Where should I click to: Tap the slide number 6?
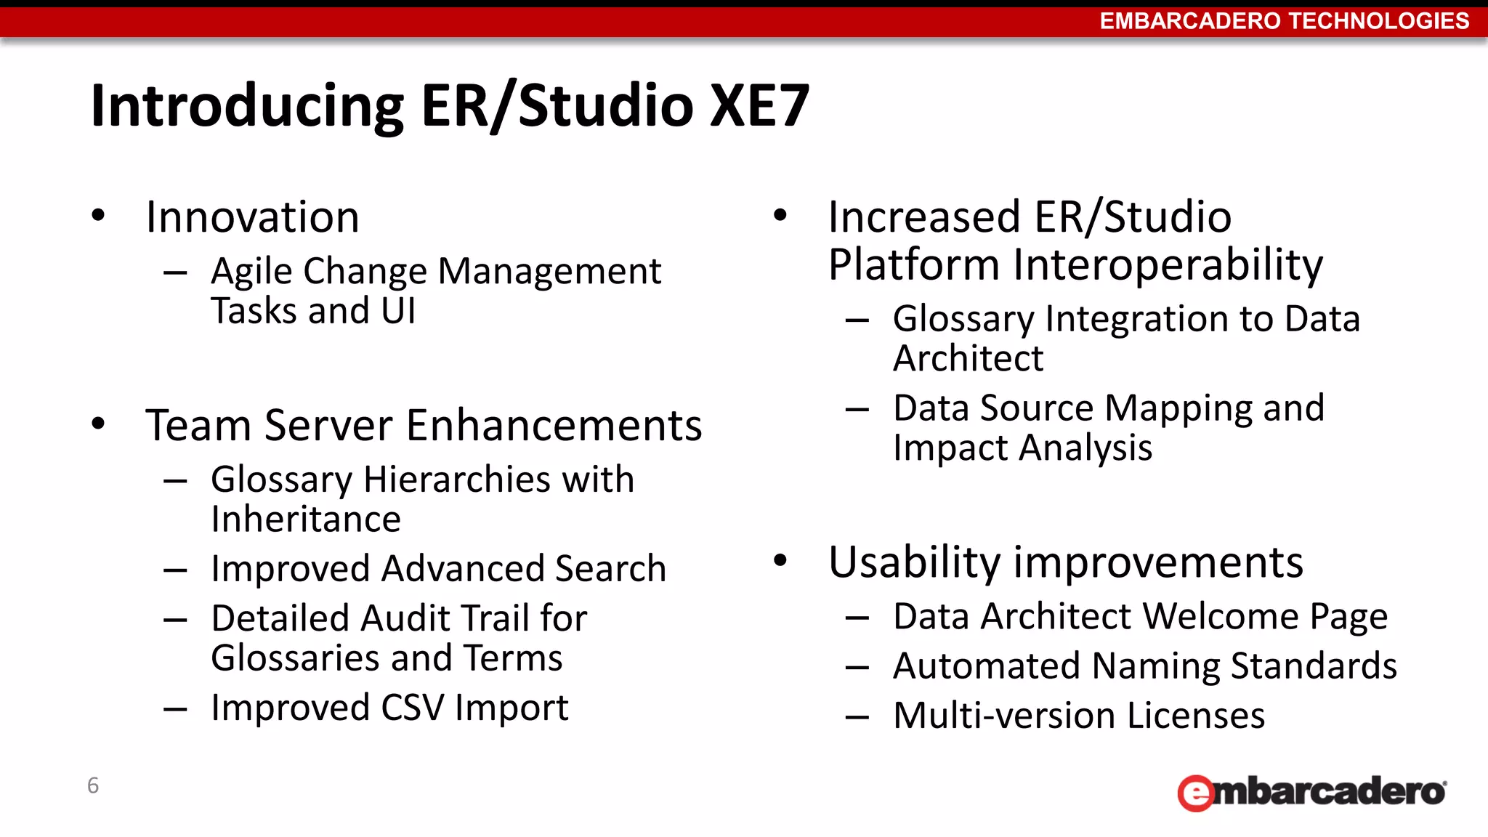tap(93, 785)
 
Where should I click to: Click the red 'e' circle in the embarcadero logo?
tap(1196, 793)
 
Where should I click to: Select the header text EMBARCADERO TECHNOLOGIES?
tap(1284, 21)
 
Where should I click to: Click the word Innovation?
tap(252, 217)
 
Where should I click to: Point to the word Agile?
tap(251, 272)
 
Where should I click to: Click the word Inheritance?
tap(306, 519)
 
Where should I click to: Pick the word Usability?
tap(915, 563)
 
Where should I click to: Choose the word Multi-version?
tap(1004, 716)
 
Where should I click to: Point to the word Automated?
tap(986, 666)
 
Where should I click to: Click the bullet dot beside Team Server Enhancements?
tap(99, 424)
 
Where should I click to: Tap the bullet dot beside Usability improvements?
tap(781, 560)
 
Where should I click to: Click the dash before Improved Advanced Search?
tap(176, 570)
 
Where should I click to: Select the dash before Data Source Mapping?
tap(857, 410)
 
